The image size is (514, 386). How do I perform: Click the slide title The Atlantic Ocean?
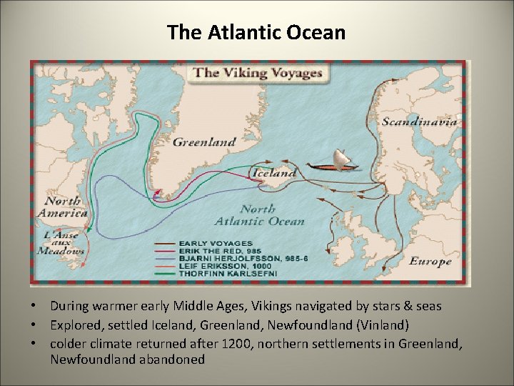point(256,33)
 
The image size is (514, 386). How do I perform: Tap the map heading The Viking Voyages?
point(258,72)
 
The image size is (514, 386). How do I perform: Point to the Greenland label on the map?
point(204,142)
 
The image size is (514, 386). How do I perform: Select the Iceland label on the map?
point(273,173)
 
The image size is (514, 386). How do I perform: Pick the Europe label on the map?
point(430,261)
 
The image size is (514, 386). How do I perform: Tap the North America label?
point(65,207)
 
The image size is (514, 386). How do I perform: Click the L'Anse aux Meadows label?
point(64,242)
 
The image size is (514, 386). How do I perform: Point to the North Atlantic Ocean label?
point(271,215)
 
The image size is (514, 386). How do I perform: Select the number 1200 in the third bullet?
point(236,344)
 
